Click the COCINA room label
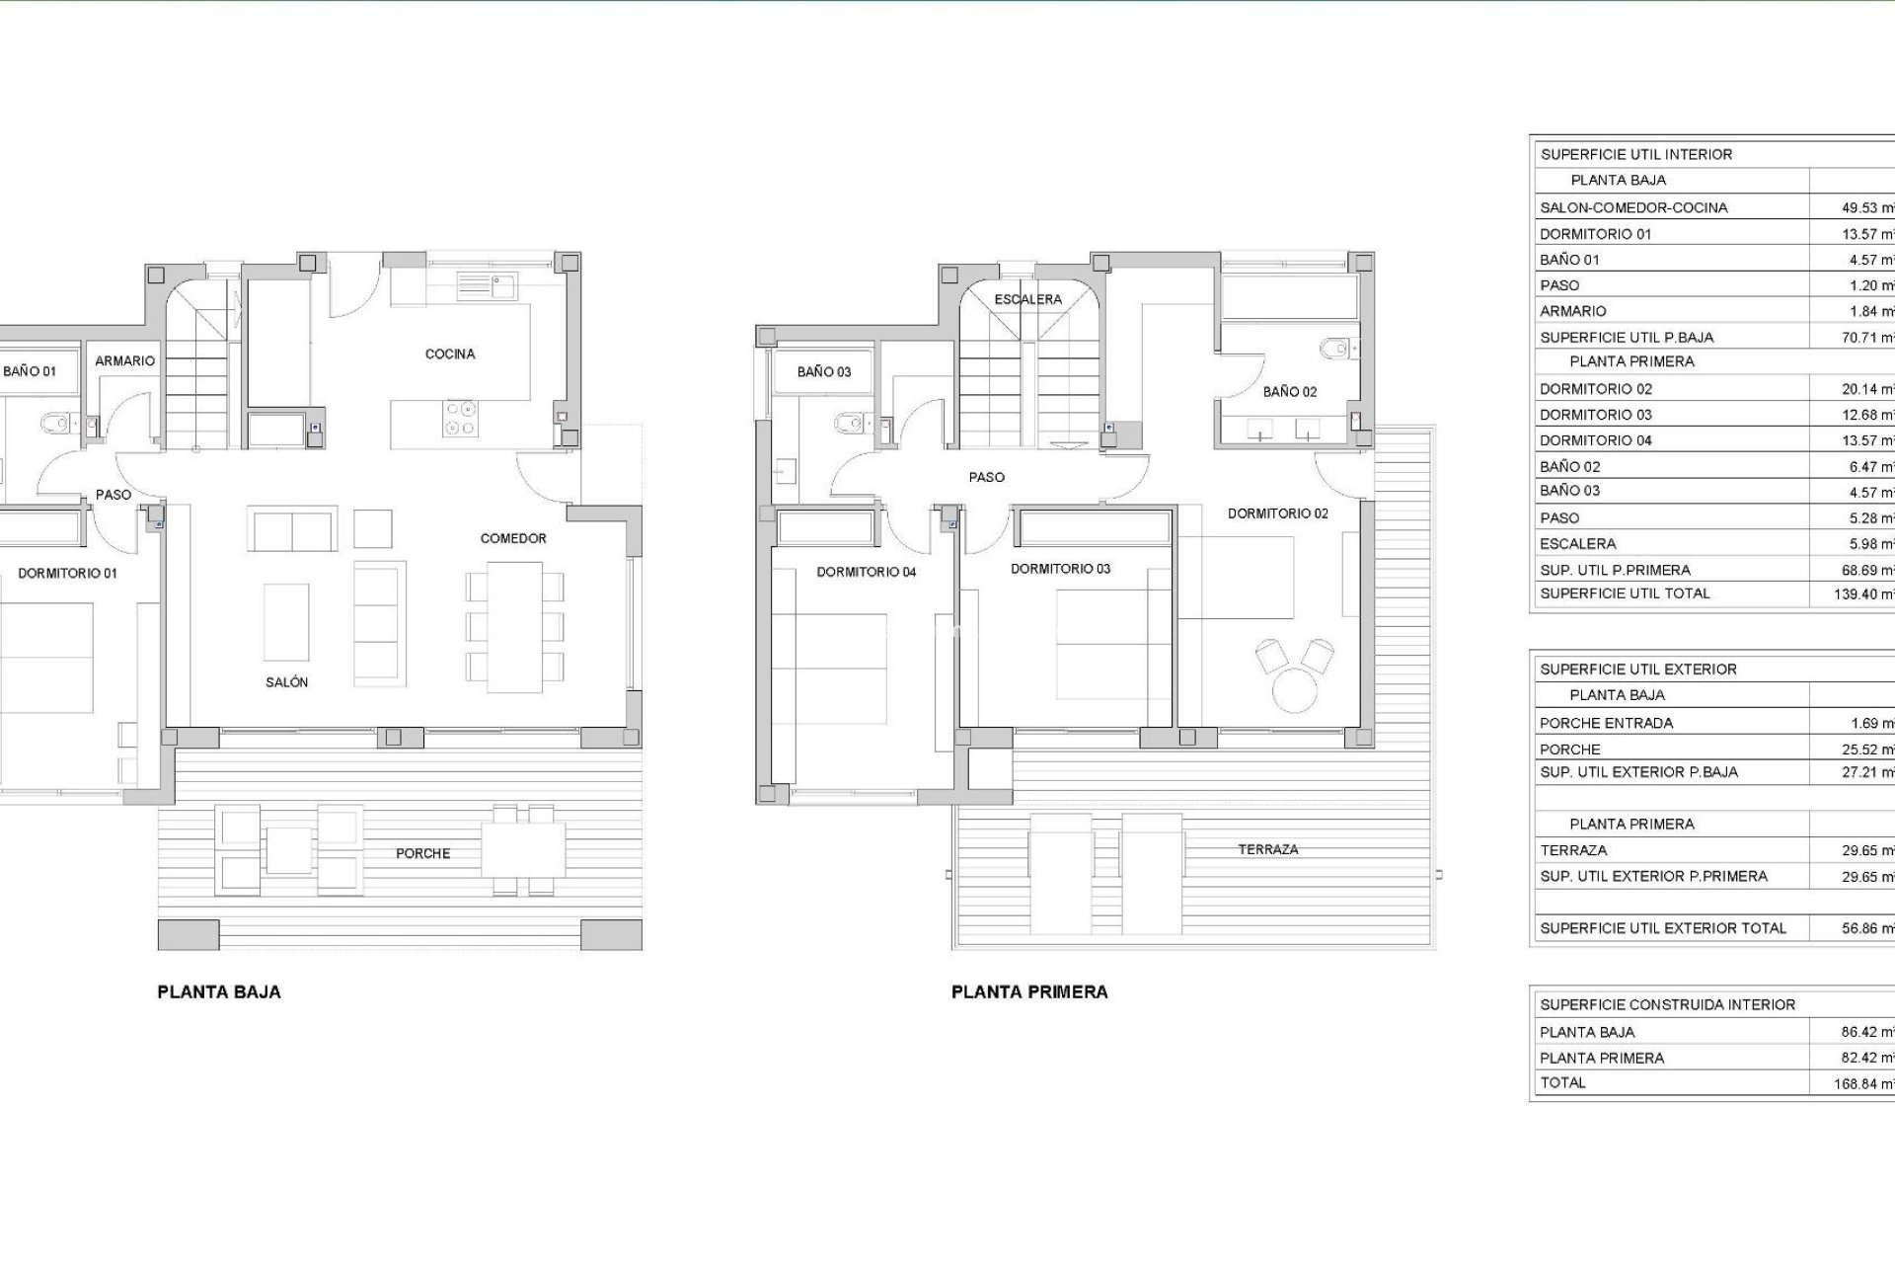pos(450,354)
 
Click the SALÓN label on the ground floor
pos(286,682)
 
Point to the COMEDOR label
pos(513,538)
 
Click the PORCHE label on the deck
pos(422,853)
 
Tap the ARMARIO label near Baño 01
pos(124,361)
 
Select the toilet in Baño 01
pos(55,425)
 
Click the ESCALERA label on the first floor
pos(1027,299)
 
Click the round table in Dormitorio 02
pos(1295,689)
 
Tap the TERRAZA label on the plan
pos(1268,849)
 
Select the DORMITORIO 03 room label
pos(1060,569)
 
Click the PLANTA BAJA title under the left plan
pos(219,992)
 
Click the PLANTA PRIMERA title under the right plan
pos(1029,992)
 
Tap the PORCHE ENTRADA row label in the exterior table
pos(1606,723)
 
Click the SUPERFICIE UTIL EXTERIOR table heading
pos(1638,670)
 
